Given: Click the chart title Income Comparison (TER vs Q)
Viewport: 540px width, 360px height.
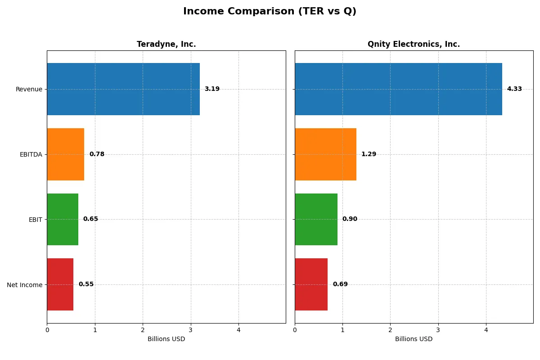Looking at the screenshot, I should tap(270, 12).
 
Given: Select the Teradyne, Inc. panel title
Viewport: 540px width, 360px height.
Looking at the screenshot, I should tap(166, 44).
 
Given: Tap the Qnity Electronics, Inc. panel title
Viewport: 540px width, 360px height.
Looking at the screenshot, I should tap(414, 44).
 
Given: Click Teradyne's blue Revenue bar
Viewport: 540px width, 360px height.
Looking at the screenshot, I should tap(123, 89).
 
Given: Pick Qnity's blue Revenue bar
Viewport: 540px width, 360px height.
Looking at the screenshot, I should tap(398, 89).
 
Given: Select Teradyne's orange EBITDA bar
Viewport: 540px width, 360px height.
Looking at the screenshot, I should tap(66, 154).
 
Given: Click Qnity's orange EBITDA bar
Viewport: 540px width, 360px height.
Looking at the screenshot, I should tap(325, 154).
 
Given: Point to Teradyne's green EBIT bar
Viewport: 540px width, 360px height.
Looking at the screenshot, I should tap(63, 219).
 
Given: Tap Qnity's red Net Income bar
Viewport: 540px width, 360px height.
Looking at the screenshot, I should tap(311, 284).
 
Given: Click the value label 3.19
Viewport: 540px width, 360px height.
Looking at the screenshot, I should tap(212, 89).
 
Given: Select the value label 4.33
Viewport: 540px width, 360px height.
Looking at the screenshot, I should tap(514, 89).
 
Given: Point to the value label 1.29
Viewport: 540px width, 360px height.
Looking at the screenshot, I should tap(369, 154).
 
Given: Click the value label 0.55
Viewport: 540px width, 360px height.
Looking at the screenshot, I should tap(86, 284).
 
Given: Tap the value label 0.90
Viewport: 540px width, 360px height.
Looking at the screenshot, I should tap(350, 219).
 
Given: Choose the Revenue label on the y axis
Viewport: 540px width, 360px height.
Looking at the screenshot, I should tap(29, 89).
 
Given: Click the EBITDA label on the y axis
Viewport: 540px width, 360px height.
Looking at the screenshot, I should tap(31, 154).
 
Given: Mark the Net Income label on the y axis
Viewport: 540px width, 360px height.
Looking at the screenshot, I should tap(25, 284).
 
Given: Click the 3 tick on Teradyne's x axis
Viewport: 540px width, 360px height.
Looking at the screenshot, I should tap(191, 330).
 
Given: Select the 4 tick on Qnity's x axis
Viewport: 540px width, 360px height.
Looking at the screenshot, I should tap(486, 330).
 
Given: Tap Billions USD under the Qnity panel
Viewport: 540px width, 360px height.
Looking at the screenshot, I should tap(414, 339).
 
